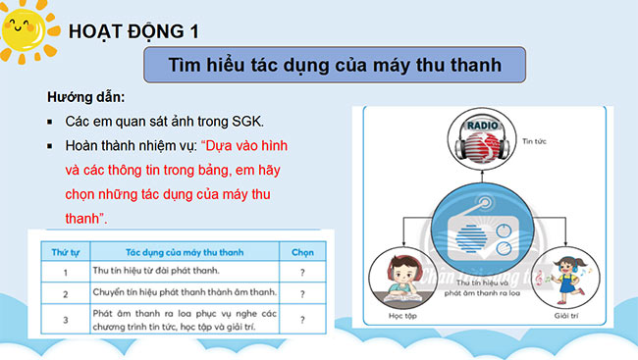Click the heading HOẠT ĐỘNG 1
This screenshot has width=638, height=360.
click(133, 32)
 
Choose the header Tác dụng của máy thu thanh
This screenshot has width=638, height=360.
click(176, 251)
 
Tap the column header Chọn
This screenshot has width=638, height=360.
click(302, 251)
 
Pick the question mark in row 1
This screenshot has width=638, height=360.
click(302, 270)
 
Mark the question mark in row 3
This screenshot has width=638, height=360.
click(302, 319)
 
